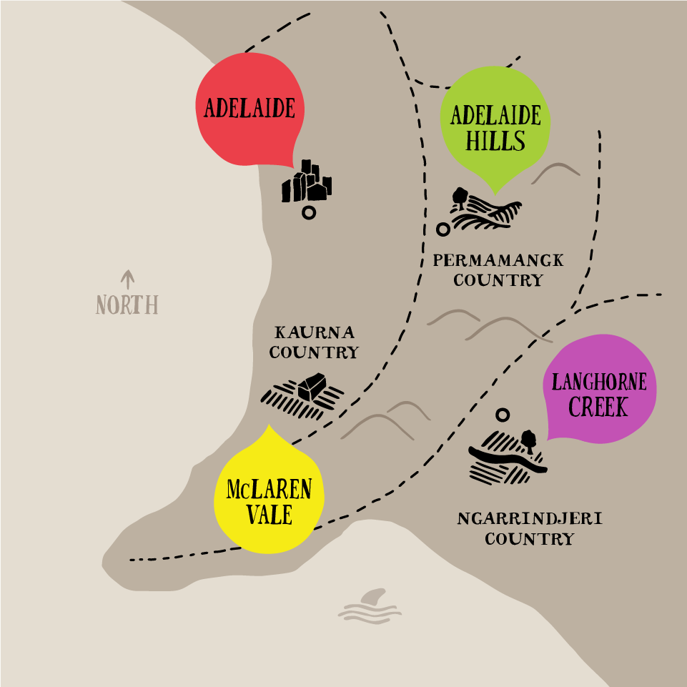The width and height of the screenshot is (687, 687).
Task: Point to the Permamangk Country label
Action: coord(498,270)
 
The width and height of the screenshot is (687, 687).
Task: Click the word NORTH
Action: coord(127,305)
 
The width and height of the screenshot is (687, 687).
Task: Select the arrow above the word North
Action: coord(128,279)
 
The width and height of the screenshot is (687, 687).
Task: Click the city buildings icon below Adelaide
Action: coord(307,183)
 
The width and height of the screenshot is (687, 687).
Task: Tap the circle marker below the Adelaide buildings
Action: coord(309,212)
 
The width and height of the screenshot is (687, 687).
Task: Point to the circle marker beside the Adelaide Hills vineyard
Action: coord(443,229)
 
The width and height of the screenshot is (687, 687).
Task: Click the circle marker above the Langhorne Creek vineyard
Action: coord(503,415)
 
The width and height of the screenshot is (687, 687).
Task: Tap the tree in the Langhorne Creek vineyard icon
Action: coord(528,438)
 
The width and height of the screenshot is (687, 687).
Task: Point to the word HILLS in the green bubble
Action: coord(495,140)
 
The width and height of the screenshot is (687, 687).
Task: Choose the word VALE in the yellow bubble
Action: coord(270,514)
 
